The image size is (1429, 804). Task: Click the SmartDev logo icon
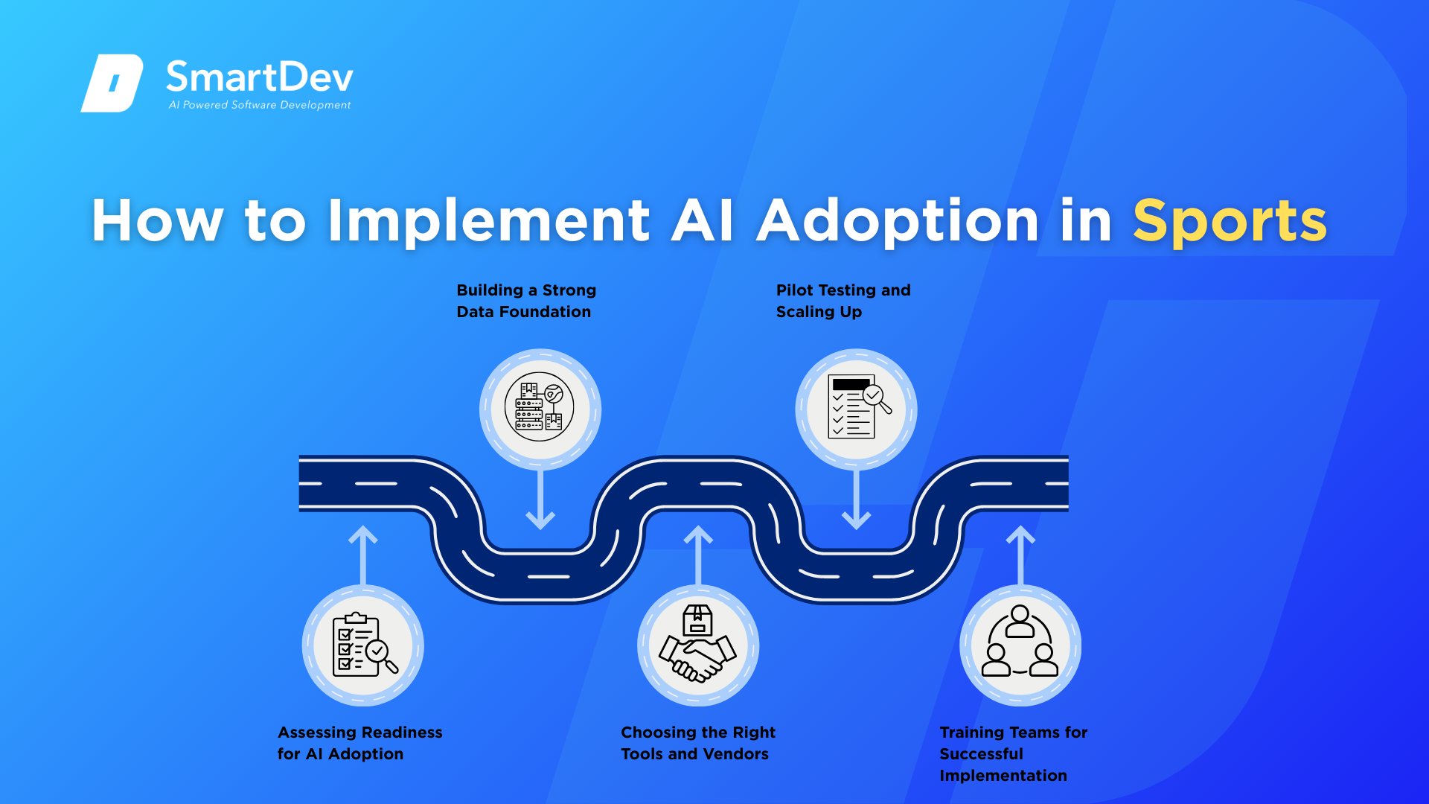(x=112, y=83)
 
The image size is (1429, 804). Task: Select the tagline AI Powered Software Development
(x=260, y=105)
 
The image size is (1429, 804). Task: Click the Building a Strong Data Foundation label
(x=526, y=301)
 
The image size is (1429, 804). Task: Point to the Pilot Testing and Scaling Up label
(x=843, y=301)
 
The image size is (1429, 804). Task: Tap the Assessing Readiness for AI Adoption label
(x=359, y=743)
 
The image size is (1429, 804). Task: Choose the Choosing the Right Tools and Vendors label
(x=697, y=743)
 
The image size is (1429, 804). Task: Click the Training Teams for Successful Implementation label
(x=1013, y=753)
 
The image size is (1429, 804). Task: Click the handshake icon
(x=697, y=645)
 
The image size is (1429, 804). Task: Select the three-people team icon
(x=1020, y=645)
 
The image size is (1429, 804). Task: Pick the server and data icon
(x=540, y=407)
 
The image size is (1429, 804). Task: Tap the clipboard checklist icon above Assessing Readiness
(x=363, y=645)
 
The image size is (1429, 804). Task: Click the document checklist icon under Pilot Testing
(x=856, y=407)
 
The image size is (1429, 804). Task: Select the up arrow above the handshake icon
(x=698, y=555)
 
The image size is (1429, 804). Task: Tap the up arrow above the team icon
(x=1020, y=555)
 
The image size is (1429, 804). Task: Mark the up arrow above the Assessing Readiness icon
(x=363, y=555)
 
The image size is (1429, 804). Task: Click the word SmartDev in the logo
(x=259, y=76)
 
